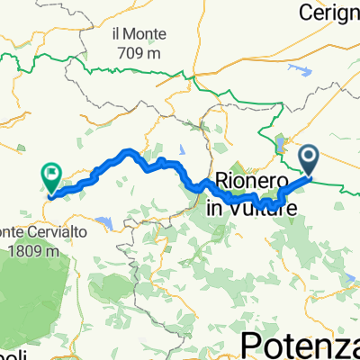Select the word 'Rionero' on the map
pyautogui.click(x=251, y=179)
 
